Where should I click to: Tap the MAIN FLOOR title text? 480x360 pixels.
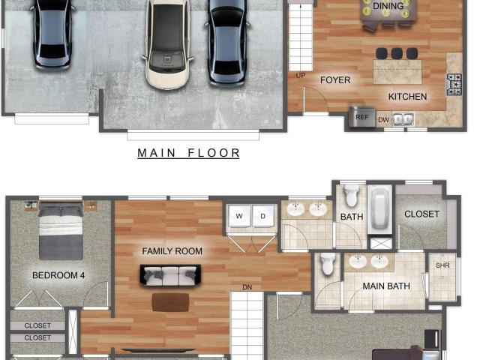(x=188, y=153)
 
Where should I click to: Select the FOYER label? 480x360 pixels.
(x=335, y=80)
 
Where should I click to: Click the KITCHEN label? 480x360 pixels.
(x=407, y=97)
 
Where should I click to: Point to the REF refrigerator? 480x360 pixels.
(x=361, y=117)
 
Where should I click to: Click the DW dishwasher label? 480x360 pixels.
(x=383, y=120)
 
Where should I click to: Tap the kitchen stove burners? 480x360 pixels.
(x=454, y=84)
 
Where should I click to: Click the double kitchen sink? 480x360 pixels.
(x=403, y=119)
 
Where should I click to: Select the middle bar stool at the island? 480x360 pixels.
(x=397, y=53)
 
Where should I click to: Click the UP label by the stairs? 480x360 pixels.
(x=301, y=75)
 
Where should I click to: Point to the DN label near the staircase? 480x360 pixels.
(x=247, y=287)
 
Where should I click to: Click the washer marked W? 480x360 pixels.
(x=239, y=216)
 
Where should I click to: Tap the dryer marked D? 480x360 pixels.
(x=262, y=216)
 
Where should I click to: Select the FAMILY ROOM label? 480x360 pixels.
(x=172, y=251)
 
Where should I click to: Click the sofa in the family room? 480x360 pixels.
(x=170, y=275)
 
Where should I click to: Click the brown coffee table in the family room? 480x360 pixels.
(x=170, y=302)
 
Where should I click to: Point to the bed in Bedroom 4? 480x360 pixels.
(x=61, y=230)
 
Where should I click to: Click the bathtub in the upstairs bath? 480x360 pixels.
(x=380, y=209)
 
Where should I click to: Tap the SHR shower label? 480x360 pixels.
(x=442, y=265)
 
